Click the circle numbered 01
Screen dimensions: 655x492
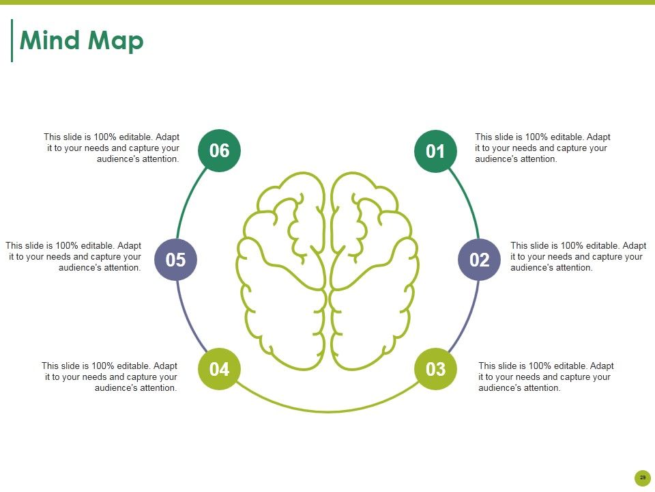[435, 151]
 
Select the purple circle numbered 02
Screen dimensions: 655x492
[479, 260]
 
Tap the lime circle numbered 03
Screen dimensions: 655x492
[435, 369]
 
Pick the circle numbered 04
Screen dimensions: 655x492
[219, 369]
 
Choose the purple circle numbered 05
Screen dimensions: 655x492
[175, 260]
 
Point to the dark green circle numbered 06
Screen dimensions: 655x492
[219, 150]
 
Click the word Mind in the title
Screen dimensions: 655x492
[50, 40]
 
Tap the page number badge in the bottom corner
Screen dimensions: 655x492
[643, 478]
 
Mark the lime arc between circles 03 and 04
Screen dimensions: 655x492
[327, 411]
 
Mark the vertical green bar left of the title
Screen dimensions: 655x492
[12, 40]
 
